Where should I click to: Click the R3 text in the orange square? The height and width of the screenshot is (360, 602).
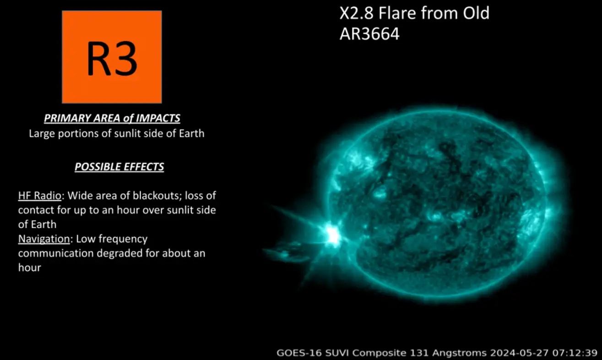pos(112,59)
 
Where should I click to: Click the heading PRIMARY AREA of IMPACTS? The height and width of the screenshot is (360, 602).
pos(112,118)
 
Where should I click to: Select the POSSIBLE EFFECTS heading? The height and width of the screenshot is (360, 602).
pos(119,167)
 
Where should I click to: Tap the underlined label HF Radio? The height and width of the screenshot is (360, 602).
pos(40,196)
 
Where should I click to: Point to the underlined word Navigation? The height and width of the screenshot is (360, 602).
pos(44,239)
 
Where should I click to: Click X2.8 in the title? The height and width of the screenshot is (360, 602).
pos(356,13)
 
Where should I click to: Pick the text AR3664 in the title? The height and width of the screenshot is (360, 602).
pos(369,34)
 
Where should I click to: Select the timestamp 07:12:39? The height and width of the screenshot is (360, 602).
pos(575,353)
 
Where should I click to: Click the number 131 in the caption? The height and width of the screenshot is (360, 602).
pos(419,353)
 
